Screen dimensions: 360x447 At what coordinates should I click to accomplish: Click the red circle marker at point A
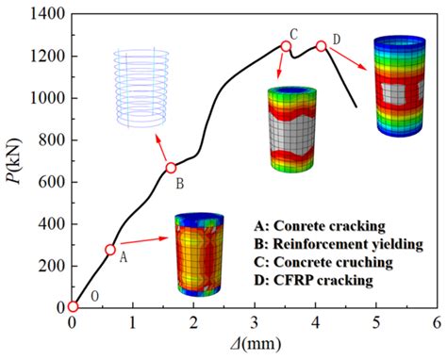pyautogui.click(x=110, y=250)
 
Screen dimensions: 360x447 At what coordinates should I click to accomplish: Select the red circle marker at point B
pyautogui.click(x=171, y=168)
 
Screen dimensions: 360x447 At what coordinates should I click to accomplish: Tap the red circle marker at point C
pyautogui.click(x=286, y=46)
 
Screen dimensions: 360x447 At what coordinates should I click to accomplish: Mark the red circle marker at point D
pyautogui.click(x=322, y=46)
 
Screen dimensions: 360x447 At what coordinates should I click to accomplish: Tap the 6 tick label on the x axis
pyautogui.click(x=436, y=323)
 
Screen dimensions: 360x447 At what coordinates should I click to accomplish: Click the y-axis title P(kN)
pyautogui.click(x=17, y=160)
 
